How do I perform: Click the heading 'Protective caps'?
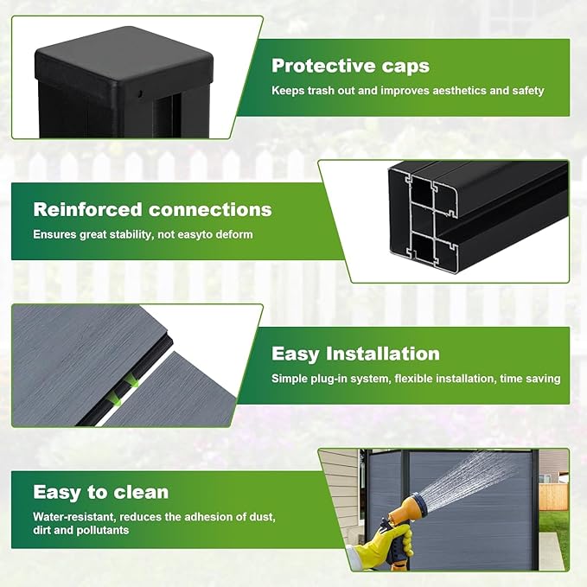[350, 67]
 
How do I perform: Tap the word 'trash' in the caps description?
[321, 91]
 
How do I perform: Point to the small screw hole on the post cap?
[139, 93]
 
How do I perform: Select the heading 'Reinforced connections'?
[152, 209]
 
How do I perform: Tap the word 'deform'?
[235, 234]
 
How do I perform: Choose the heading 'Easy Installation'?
[355, 354]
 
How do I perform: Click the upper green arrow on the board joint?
[132, 382]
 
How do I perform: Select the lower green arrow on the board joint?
[118, 401]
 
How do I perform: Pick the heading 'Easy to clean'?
[100, 492]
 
